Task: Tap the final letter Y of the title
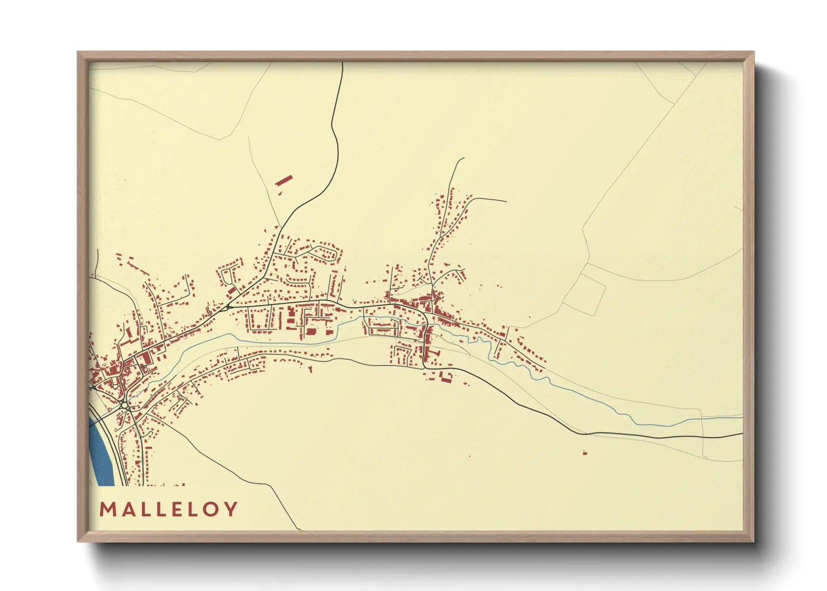(230, 509)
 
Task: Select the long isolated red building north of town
(284, 180)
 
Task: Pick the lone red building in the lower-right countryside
(584, 452)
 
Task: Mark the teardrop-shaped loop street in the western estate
(227, 275)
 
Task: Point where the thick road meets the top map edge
(342, 63)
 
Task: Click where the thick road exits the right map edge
(742, 433)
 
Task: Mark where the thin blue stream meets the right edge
(742, 417)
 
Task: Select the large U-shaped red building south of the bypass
(446, 377)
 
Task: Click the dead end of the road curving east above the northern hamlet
(506, 202)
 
